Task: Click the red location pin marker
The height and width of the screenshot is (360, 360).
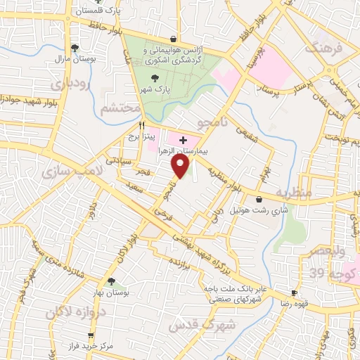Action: [181, 166]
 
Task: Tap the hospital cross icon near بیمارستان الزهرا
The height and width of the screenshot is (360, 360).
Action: [183, 141]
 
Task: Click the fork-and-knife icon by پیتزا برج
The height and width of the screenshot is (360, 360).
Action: [131, 124]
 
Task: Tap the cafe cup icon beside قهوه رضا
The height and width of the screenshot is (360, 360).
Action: [294, 292]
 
